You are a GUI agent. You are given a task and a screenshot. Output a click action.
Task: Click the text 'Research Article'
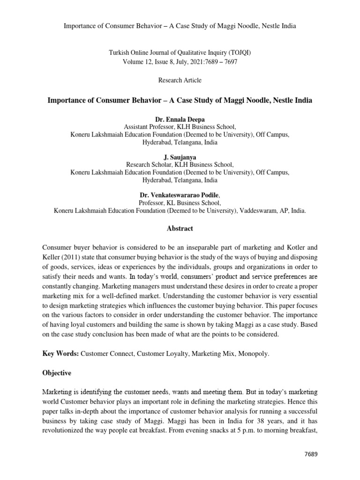pos(180,80)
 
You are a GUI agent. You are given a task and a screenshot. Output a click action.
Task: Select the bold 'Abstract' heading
pos(180,228)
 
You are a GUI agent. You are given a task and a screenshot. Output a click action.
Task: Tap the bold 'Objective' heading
pos(57,373)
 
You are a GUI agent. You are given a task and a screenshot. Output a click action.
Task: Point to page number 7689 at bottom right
pos(311,455)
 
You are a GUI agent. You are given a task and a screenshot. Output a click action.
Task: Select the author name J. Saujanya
pos(180,158)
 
